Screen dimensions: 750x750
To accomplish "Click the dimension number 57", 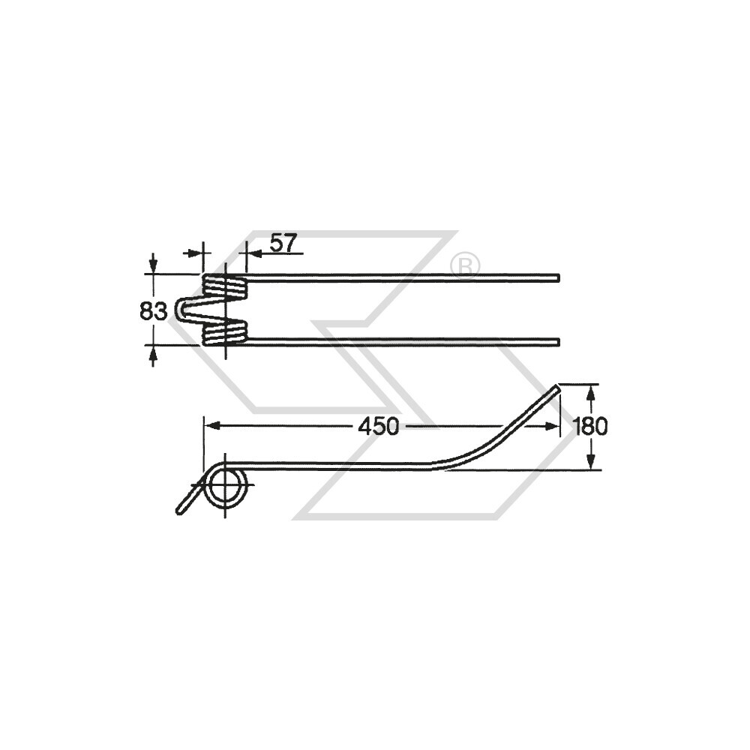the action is pos(283,243).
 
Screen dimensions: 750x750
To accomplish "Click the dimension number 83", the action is pos(154,311).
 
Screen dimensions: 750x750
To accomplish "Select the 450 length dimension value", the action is pos(378,426).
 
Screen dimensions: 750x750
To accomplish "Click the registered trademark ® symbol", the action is pos(465,265).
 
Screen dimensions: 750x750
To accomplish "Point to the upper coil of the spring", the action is pos(225,287).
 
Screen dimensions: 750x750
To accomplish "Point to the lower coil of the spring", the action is pos(225,332).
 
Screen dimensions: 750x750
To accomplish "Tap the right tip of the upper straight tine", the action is pos(559,277).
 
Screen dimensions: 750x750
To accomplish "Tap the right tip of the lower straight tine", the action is pos(559,341).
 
